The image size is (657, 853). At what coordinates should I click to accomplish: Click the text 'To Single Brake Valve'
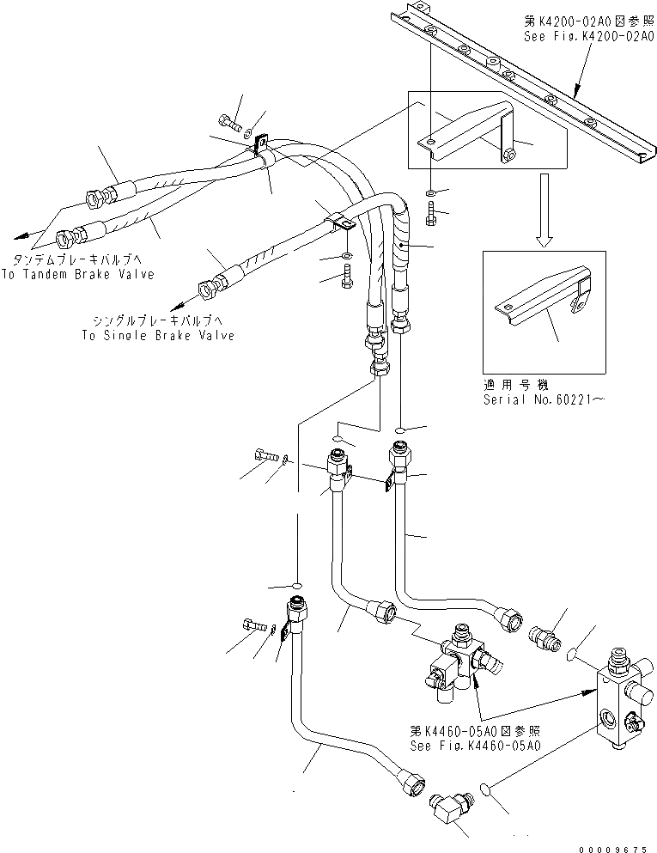158,336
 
